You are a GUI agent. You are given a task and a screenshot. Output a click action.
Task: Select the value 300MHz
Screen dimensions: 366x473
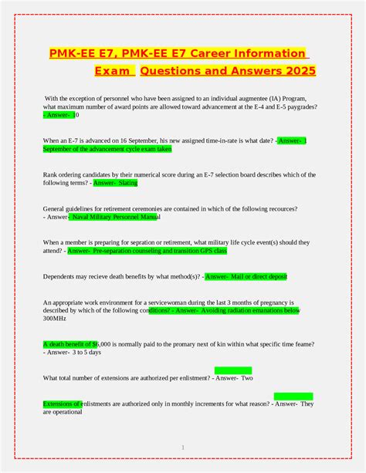click(56, 318)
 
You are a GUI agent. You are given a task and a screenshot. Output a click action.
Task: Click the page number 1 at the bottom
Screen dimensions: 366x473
click(183, 447)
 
